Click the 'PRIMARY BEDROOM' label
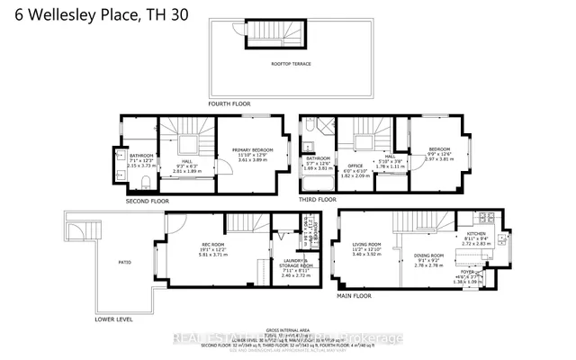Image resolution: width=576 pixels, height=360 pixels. click(251, 150)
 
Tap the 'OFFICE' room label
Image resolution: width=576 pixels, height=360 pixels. click(356, 166)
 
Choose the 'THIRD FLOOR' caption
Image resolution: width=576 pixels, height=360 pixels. click(319, 200)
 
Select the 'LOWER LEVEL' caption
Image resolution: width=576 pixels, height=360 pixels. click(114, 319)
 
